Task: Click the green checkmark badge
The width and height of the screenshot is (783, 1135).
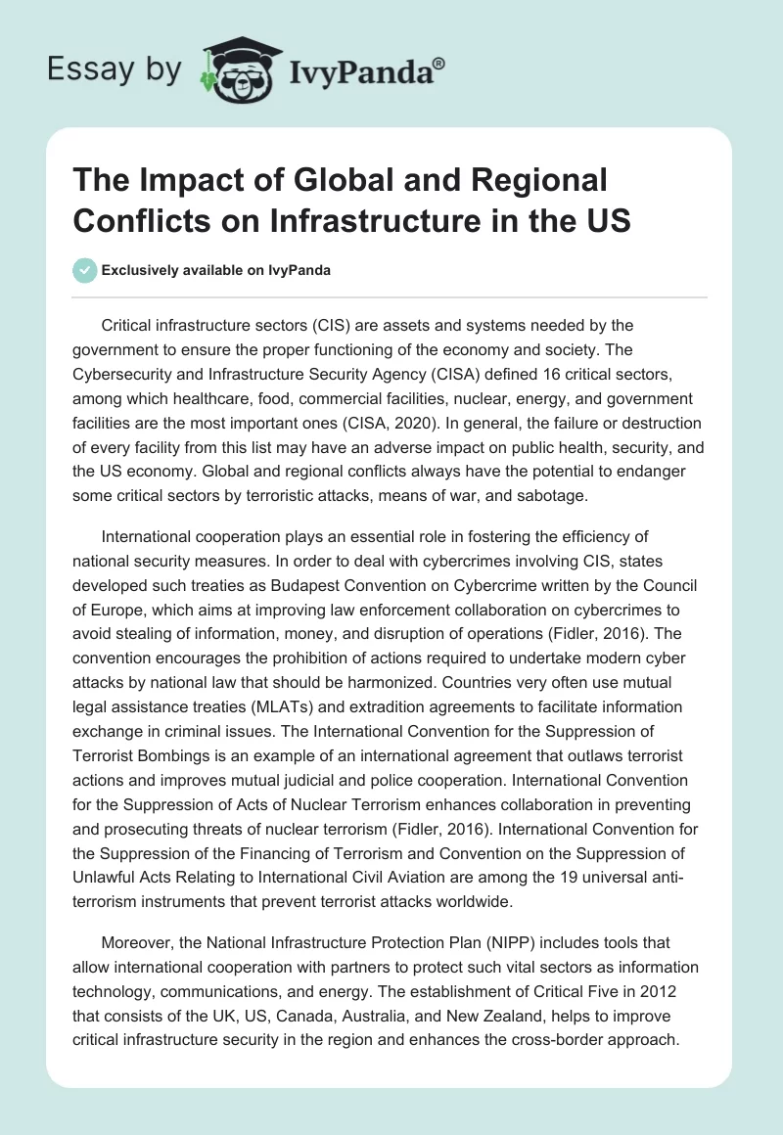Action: coord(85,270)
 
